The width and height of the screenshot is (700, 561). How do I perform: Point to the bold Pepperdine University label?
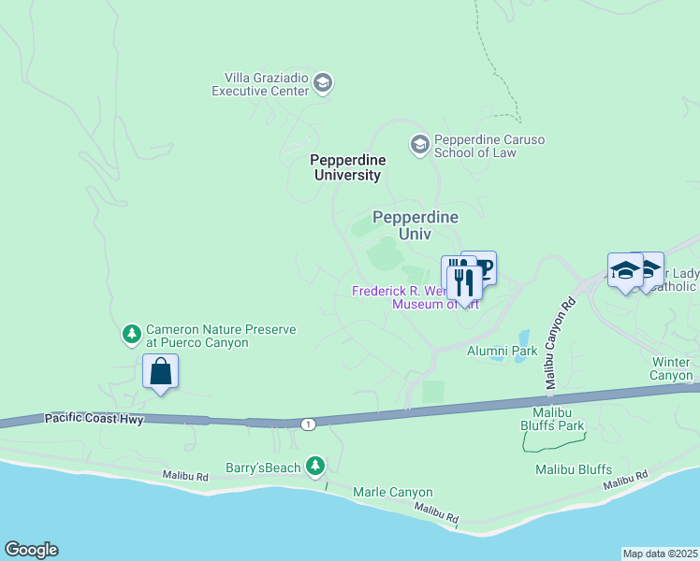(x=346, y=167)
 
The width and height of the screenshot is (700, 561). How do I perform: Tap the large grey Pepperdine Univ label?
(x=416, y=225)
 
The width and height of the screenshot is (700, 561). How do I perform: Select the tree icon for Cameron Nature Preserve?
(x=132, y=333)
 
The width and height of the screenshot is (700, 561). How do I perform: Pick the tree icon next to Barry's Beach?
(x=316, y=466)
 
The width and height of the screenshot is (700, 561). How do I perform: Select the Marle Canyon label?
(x=392, y=492)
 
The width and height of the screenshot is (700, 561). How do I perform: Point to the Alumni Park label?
(x=502, y=351)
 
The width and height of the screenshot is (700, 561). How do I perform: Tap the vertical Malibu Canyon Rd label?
(x=560, y=345)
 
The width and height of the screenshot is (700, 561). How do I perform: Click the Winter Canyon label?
(x=671, y=368)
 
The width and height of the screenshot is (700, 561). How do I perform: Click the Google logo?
(x=31, y=550)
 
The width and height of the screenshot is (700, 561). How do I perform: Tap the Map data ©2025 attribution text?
(x=660, y=554)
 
